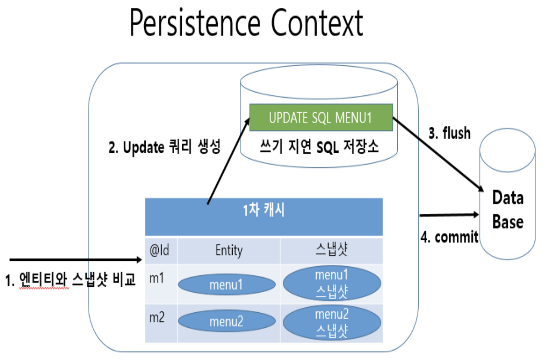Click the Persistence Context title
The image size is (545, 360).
[x=246, y=23]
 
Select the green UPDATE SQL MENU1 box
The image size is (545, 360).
[x=321, y=117]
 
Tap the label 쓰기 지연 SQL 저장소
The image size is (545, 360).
[x=319, y=147]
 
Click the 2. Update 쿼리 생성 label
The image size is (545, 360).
[x=164, y=147]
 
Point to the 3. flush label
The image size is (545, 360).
[x=449, y=133]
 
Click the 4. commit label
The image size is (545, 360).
[x=449, y=237]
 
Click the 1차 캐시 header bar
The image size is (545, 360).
[x=264, y=217]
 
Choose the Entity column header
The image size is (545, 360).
[x=229, y=250]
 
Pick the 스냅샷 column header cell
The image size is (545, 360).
[x=332, y=250]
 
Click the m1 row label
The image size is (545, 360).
[x=157, y=278]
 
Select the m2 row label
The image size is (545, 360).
[x=157, y=317]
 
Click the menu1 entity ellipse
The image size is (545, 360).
[x=226, y=284]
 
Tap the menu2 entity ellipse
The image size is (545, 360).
[x=226, y=321]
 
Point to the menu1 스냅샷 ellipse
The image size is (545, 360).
[x=332, y=283]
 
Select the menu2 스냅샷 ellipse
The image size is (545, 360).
[x=332, y=323]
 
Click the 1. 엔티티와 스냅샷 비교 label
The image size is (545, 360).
[x=70, y=280]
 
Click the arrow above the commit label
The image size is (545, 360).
[x=449, y=215]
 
